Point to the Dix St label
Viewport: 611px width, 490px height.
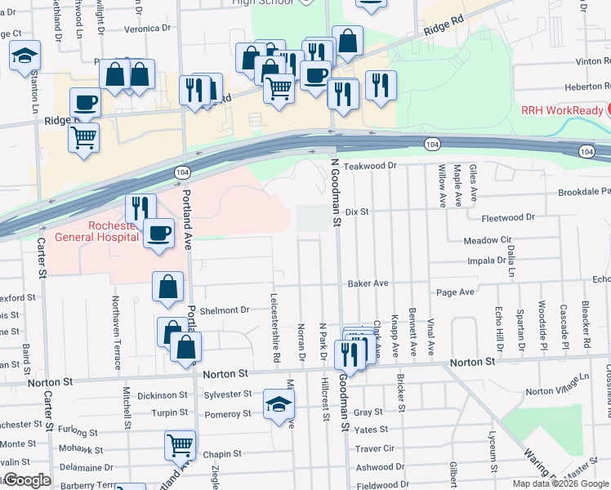click(x=358, y=212)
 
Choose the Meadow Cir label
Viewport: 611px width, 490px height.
click(x=487, y=241)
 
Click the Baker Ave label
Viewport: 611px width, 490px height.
click(x=368, y=284)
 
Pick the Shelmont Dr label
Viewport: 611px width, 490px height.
click(x=225, y=310)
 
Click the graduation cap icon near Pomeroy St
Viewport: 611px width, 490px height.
click(x=278, y=403)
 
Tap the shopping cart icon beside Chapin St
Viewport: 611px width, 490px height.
click(x=180, y=444)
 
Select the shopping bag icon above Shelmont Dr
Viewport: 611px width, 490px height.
click(x=167, y=286)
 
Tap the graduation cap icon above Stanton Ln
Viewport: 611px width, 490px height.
click(x=25, y=56)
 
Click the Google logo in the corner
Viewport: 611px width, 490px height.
click(x=26, y=480)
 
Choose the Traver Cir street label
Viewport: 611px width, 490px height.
click(x=375, y=448)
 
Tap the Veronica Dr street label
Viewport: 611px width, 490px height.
click(x=147, y=27)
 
